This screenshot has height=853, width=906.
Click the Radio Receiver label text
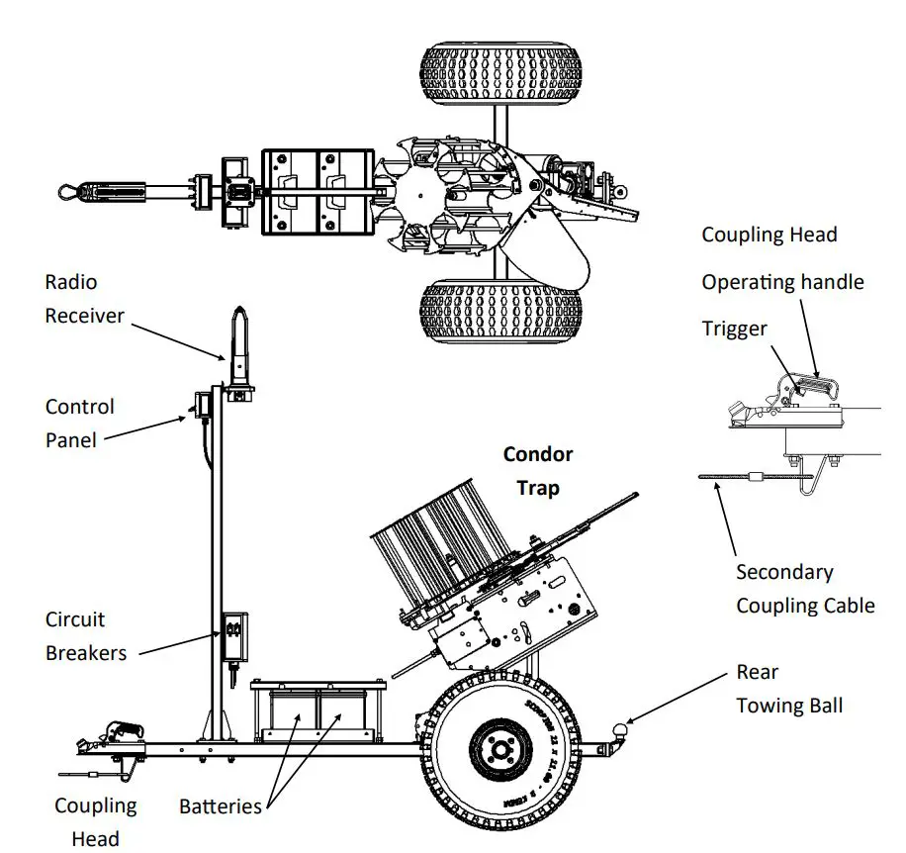84,299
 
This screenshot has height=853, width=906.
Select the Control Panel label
79,423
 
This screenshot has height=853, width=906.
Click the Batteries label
220,806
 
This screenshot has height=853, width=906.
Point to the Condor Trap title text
537,470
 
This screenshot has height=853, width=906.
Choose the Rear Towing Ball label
789,689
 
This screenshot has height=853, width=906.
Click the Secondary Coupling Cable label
804,589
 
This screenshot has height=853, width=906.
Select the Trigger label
734,329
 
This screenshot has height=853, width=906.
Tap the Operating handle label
781,282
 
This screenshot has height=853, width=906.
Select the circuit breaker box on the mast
233,636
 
